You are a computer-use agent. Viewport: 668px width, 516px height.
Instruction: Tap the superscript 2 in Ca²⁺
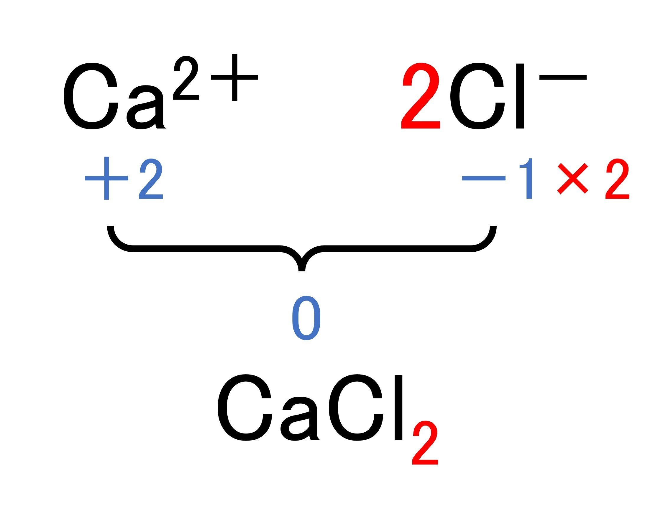click(186, 78)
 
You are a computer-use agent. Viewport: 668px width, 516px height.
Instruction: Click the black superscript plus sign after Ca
click(234, 77)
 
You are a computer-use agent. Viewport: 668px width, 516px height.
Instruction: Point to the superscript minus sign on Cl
click(563, 77)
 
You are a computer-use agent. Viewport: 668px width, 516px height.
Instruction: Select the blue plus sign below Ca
click(106, 178)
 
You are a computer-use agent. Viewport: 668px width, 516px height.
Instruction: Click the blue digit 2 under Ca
click(151, 180)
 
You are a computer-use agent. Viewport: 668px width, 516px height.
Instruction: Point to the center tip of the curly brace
click(302, 270)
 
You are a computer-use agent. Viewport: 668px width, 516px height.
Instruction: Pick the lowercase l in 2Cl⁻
click(520, 96)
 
